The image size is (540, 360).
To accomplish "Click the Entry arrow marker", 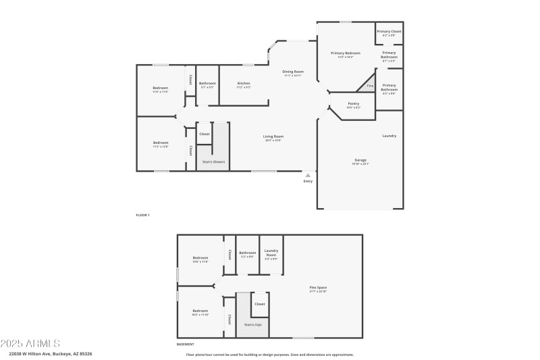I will point(308,176).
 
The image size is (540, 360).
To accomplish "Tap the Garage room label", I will point(360,160).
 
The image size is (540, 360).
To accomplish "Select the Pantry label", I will point(353,104).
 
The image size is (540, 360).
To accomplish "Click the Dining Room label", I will point(292,72).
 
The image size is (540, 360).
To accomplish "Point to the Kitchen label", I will point(244,84).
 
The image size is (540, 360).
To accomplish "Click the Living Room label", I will point(273,136).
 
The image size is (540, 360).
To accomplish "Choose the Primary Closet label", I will point(389,32).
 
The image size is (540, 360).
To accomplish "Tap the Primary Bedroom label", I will point(345,53).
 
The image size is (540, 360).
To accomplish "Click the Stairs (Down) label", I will point(213,162).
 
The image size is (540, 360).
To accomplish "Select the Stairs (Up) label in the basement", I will point(252,325).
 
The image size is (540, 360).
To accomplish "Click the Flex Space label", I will point(318,288).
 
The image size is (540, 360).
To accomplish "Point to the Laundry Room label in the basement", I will point(271,252).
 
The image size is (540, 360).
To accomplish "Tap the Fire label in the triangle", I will point(369,86).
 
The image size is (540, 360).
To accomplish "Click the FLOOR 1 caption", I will point(142,215).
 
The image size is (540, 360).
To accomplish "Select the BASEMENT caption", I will point(185,344).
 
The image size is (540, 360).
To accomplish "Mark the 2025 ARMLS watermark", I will point(30,343).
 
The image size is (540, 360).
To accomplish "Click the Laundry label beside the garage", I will point(389,136).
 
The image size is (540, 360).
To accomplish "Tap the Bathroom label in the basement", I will point(247,253).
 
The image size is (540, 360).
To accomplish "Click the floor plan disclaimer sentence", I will point(269,355).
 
